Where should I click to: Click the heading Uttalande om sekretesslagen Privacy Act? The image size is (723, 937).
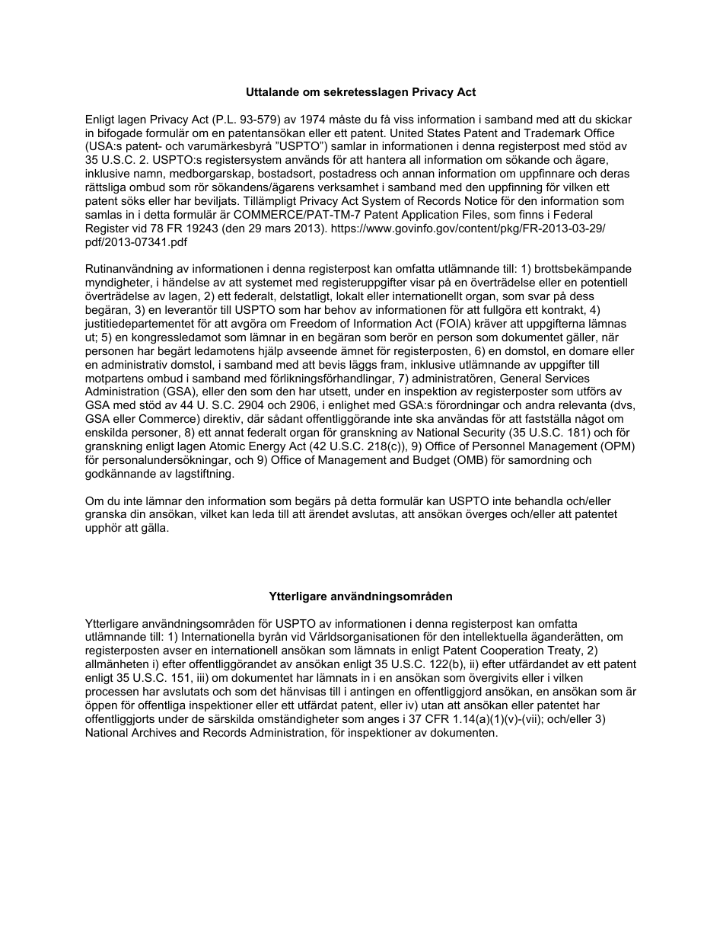click(x=361, y=92)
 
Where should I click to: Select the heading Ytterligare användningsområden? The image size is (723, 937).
click(x=361, y=596)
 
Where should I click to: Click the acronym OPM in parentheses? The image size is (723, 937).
click(x=617, y=446)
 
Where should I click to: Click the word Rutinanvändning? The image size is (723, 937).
click(x=132, y=270)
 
